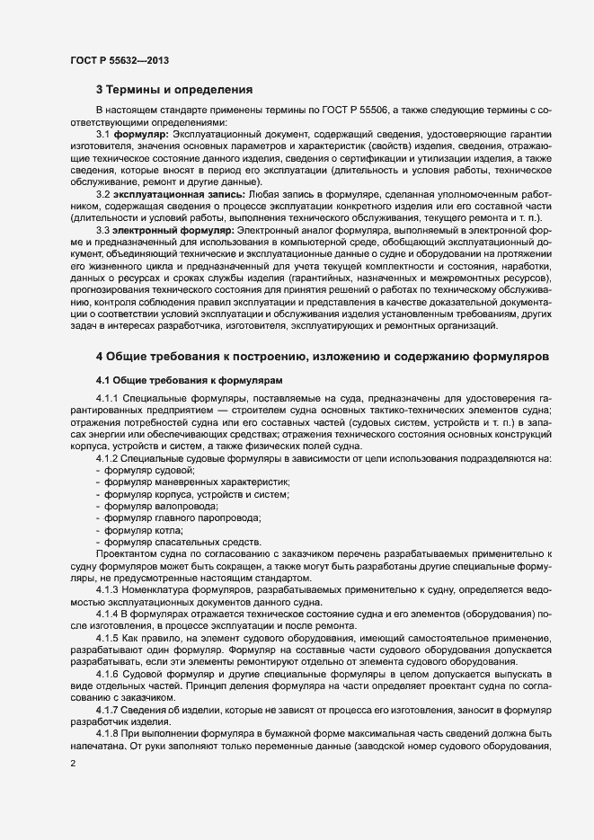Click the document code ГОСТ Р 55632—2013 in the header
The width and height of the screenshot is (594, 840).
coord(120,60)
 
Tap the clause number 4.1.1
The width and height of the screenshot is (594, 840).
coord(106,399)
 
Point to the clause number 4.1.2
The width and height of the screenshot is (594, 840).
coord(106,458)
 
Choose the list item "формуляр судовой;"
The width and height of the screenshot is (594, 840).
coord(150,471)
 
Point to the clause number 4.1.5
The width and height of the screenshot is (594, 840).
coord(106,637)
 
